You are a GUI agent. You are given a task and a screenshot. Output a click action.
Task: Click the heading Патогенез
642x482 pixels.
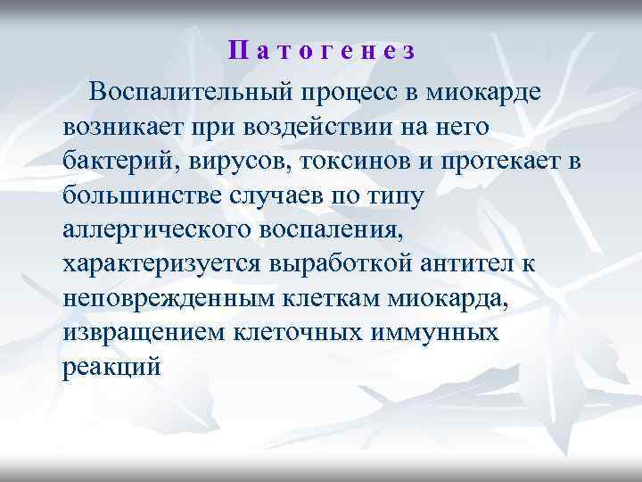[x=321, y=51]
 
